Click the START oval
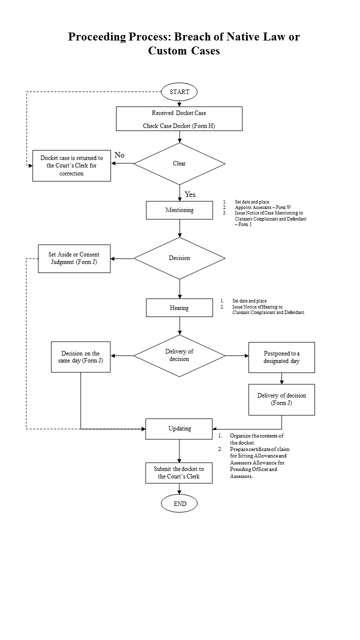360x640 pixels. pyautogui.click(x=179, y=91)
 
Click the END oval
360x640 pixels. pyautogui.click(x=179, y=503)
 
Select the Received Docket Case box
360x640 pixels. pyautogui.click(x=179, y=119)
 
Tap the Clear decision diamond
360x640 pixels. pyautogui.click(x=179, y=163)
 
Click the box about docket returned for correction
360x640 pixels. pyautogui.click(x=71, y=165)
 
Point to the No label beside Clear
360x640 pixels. pyautogui.click(x=119, y=155)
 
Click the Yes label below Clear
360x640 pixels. pyautogui.click(x=190, y=194)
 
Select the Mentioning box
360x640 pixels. pyautogui.click(x=179, y=210)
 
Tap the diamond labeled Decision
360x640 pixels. pyautogui.click(x=179, y=258)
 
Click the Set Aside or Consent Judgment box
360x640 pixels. pyautogui.click(x=74, y=258)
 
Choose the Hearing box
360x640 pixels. pyautogui.click(x=179, y=307)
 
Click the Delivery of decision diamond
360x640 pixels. pyautogui.click(x=179, y=355)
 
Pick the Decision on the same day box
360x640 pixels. pyautogui.click(x=80, y=357)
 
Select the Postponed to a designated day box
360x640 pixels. pyautogui.click(x=281, y=357)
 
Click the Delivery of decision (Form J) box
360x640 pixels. pyautogui.click(x=281, y=399)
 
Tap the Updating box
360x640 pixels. pyautogui.click(x=179, y=429)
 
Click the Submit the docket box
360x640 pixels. pyautogui.click(x=179, y=473)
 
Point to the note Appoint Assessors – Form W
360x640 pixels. pyautogui.click(x=263, y=207)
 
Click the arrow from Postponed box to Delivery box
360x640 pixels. pyautogui.click(x=281, y=378)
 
